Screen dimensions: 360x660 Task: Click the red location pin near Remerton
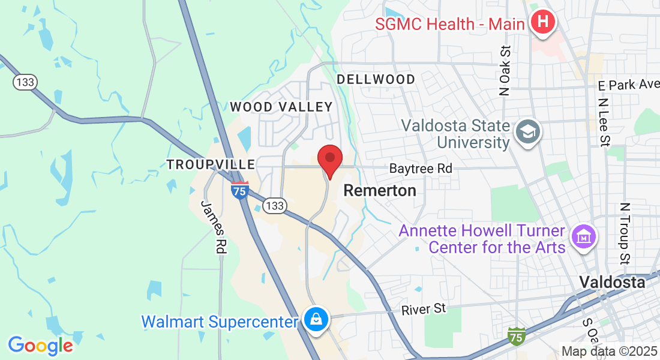pyautogui.click(x=329, y=160)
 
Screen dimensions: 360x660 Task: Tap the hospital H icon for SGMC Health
pyautogui.click(x=543, y=23)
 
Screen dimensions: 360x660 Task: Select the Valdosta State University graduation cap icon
pyautogui.click(x=528, y=131)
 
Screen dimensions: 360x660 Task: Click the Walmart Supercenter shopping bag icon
pyautogui.click(x=316, y=319)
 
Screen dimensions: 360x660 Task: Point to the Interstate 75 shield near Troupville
pyautogui.click(x=239, y=190)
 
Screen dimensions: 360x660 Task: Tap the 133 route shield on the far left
pyautogui.click(x=26, y=83)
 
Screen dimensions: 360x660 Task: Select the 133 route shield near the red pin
pyautogui.click(x=274, y=206)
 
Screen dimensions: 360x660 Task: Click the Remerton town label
pyautogui.click(x=380, y=191)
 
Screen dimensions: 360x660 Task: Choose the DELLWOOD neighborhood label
pyautogui.click(x=376, y=79)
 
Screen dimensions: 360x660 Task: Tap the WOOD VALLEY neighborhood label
pyautogui.click(x=281, y=107)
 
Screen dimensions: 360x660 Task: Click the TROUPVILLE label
pyautogui.click(x=211, y=164)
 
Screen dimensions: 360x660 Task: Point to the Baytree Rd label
pyautogui.click(x=420, y=169)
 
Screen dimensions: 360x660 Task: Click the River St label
pyautogui.click(x=424, y=308)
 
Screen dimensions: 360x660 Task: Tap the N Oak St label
pyautogui.click(x=505, y=70)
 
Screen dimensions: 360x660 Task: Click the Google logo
pyautogui.click(x=40, y=345)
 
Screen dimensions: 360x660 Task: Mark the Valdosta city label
pyautogui.click(x=612, y=281)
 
